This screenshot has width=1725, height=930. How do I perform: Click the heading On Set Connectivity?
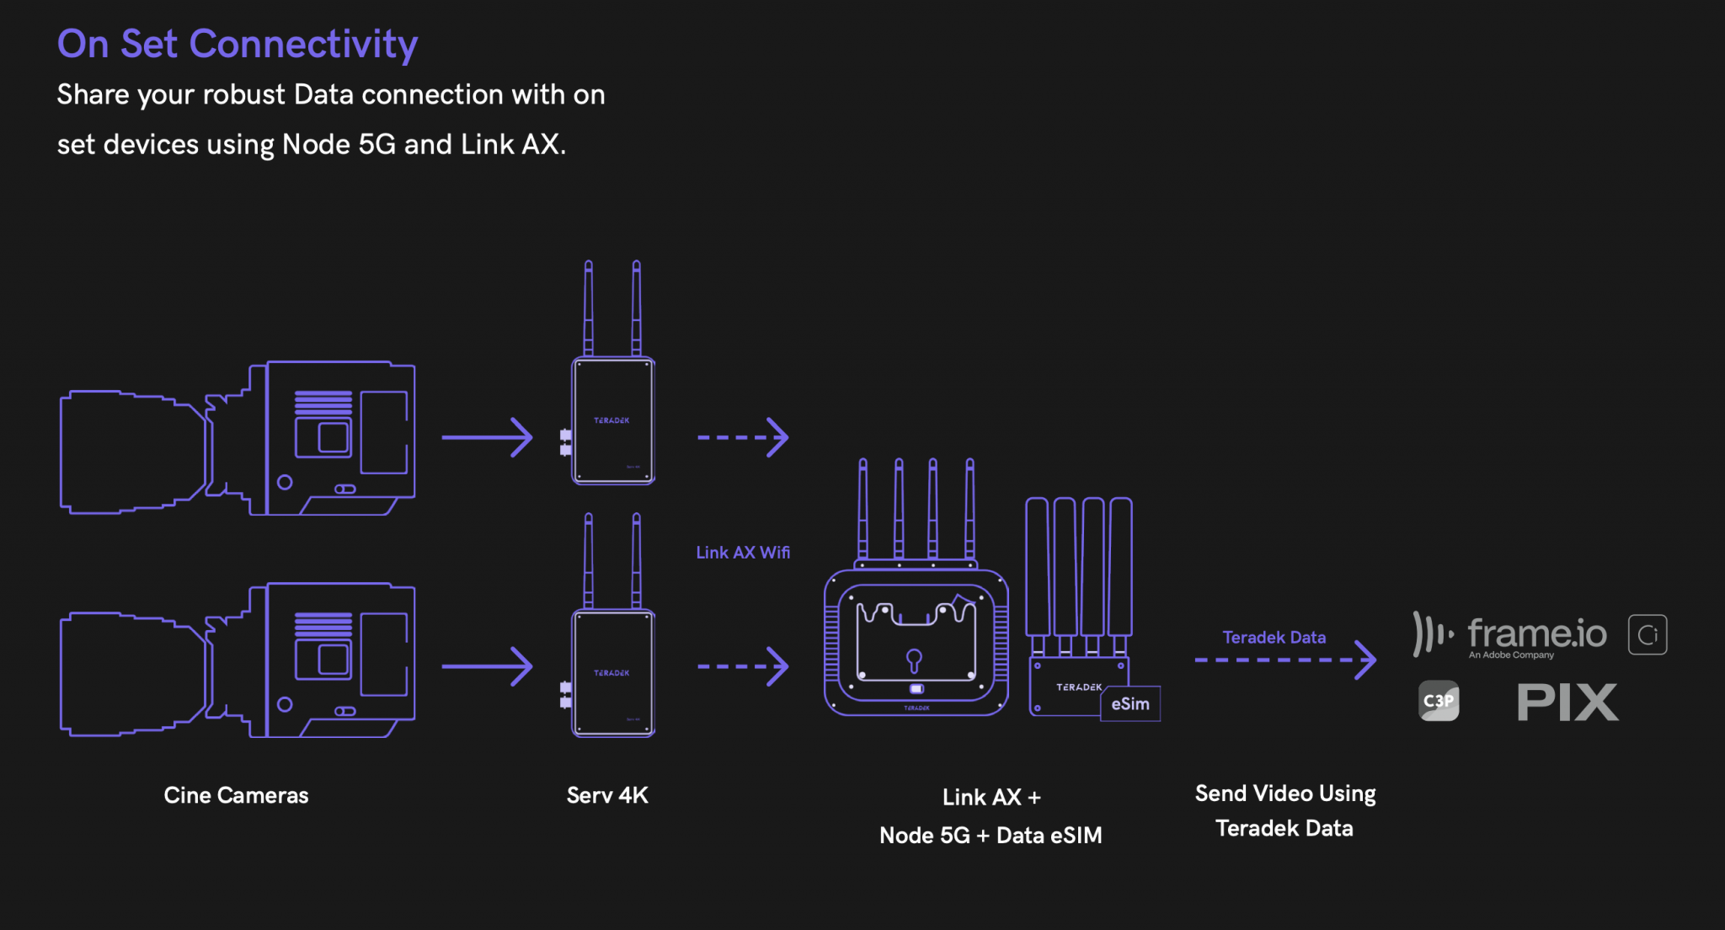click(x=237, y=44)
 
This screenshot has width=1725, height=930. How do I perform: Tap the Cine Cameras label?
click(x=236, y=795)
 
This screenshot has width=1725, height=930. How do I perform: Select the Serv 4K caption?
click(x=607, y=795)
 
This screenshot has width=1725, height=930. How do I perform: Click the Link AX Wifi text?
click(x=742, y=553)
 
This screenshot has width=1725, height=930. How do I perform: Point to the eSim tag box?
click(x=1130, y=704)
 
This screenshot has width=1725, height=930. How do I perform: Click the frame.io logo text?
click(x=1536, y=633)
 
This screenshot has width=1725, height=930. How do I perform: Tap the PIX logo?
click(x=1567, y=703)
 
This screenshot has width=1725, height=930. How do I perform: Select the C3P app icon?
click(x=1439, y=701)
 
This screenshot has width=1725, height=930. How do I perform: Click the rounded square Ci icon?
click(x=1648, y=634)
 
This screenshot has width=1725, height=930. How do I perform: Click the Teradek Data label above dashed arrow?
click(x=1274, y=638)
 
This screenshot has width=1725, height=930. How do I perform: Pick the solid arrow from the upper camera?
click(x=488, y=437)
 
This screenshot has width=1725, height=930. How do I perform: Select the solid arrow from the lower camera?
click(x=488, y=666)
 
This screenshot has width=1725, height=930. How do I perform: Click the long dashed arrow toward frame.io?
click(x=1285, y=660)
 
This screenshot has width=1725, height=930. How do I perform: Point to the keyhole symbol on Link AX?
click(x=914, y=660)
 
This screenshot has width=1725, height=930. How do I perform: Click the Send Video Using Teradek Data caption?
click(x=1284, y=810)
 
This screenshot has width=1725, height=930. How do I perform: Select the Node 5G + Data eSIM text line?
click(x=991, y=836)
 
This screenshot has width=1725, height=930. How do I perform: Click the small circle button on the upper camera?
click(x=285, y=482)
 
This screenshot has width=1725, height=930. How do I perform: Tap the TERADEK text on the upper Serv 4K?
click(x=611, y=420)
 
